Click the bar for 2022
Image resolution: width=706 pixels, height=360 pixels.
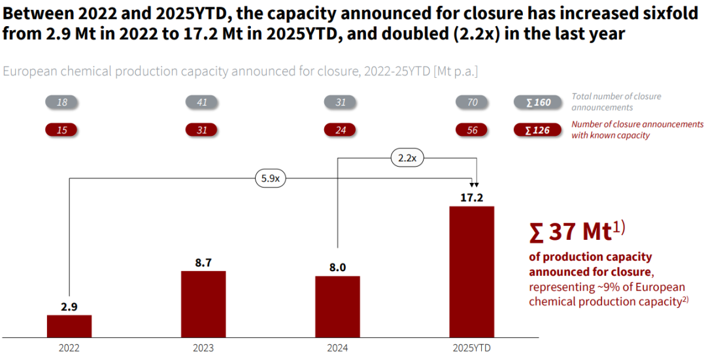tap(69, 325)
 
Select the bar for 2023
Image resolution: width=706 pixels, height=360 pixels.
tap(203, 303)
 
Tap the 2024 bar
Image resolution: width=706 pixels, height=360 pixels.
tap(337, 305)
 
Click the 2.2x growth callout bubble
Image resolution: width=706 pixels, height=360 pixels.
tap(407, 157)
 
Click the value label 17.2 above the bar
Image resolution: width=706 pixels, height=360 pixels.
tap(471, 197)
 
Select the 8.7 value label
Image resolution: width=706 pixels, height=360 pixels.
tap(203, 261)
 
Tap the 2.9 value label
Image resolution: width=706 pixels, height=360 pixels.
tap(69, 306)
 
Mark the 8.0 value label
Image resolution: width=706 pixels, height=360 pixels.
tap(337, 267)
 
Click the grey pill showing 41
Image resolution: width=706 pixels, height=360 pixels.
tap(202, 102)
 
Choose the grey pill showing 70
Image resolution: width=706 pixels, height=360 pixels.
tap(473, 102)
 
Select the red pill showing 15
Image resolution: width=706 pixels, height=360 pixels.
tap(62, 130)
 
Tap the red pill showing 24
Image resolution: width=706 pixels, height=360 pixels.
tap(340, 130)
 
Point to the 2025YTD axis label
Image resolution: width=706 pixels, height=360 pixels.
tap(471, 348)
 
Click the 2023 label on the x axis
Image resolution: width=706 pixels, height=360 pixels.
tap(203, 348)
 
